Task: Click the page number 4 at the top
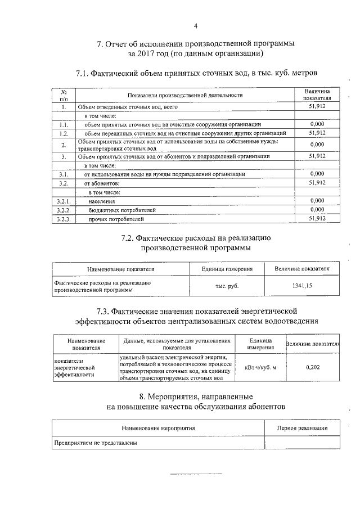click(x=195, y=26)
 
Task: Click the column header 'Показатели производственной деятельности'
click(x=184, y=95)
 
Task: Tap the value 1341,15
click(x=301, y=286)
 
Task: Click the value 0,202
click(x=313, y=367)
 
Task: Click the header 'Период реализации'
click(x=302, y=428)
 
